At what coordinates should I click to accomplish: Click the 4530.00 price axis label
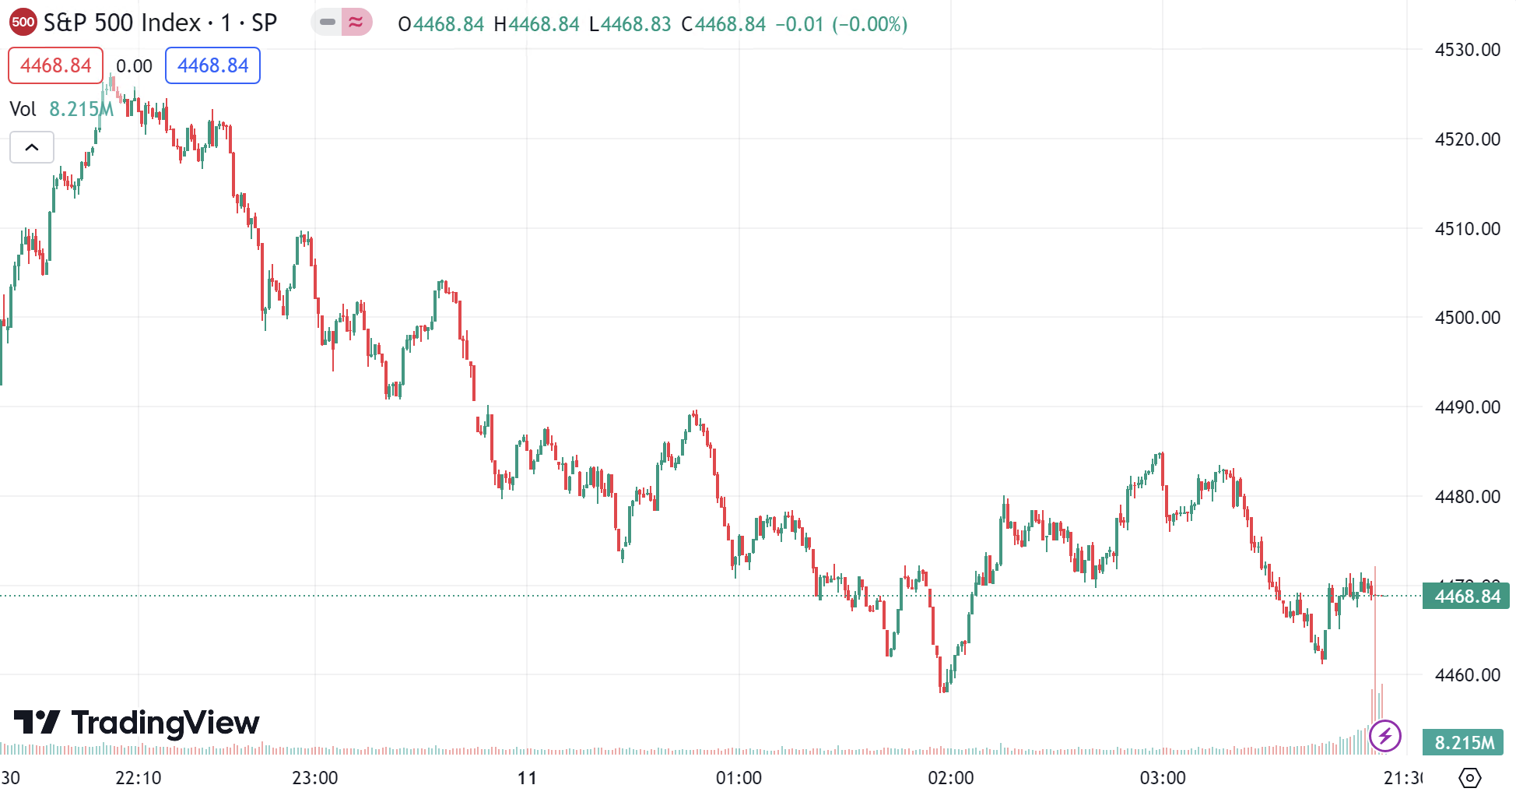point(1467,50)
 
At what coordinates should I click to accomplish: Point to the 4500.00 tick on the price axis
point(1467,318)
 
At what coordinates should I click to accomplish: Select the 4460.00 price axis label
point(1467,675)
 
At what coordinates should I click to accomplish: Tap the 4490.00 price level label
point(1467,407)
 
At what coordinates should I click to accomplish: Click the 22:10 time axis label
point(139,778)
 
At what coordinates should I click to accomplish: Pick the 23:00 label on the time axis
point(315,778)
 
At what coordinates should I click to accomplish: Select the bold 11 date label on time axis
point(527,778)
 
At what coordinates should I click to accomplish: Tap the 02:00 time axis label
point(951,778)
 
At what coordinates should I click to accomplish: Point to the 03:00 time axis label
point(1163,778)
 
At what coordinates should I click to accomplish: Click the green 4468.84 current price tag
point(1466,597)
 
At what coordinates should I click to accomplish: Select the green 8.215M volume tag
point(1463,743)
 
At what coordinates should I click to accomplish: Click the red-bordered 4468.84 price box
point(55,65)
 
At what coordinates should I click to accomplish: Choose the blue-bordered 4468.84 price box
point(212,65)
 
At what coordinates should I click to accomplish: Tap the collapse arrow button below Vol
point(32,147)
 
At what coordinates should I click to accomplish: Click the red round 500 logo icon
point(23,23)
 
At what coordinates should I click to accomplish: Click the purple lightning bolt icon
point(1385,736)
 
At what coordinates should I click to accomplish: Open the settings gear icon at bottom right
point(1469,778)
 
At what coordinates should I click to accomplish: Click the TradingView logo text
point(137,723)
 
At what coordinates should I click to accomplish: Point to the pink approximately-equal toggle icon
point(356,23)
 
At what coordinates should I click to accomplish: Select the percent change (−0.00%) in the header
point(869,24)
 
